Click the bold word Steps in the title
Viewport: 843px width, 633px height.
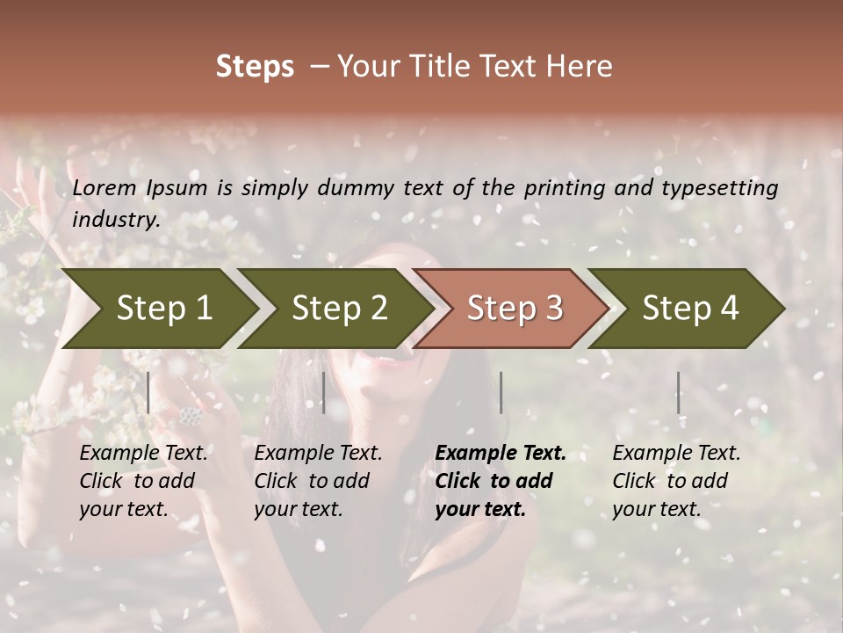255,67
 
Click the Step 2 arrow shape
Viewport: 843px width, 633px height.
339,308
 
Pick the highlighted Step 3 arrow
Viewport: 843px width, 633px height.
515,308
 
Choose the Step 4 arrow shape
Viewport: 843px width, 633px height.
690,308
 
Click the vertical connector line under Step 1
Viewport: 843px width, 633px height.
148,392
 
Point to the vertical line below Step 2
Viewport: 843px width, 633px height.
324,392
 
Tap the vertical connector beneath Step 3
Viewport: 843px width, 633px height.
501,392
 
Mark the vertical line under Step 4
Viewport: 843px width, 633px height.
678,392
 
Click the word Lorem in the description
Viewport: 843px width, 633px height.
104,187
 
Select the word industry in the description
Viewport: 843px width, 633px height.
116,219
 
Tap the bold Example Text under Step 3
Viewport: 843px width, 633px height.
501,453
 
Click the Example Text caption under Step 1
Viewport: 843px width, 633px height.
143,453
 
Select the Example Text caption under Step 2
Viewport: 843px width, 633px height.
318,453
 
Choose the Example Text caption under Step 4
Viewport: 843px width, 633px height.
676,453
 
